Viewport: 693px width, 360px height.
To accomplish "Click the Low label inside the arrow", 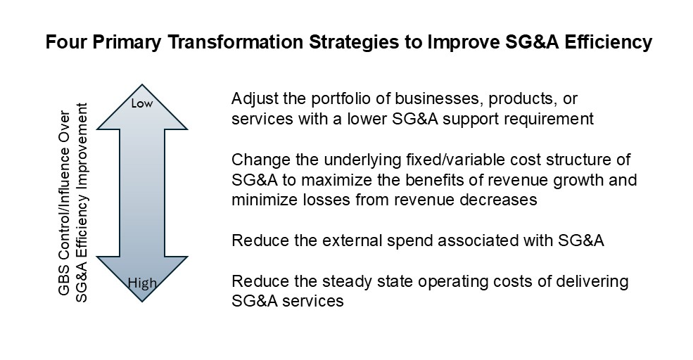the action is [x=142, y=103].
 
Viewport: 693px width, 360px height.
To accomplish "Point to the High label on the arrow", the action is [x=142, y=283].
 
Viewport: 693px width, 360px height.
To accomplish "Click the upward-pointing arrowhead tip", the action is [x=142, y=84].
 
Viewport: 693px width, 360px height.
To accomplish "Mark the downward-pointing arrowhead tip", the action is [x=142, y=302].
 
